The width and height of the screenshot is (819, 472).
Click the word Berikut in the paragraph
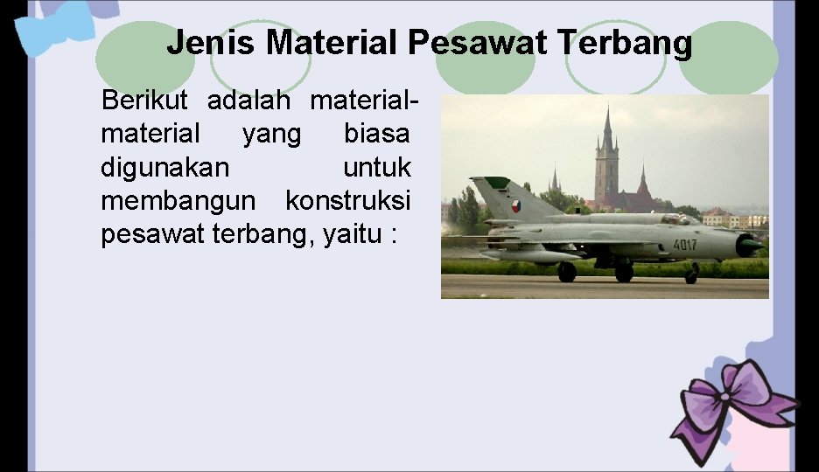click(145, 101)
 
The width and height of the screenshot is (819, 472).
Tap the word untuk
click(377, 167)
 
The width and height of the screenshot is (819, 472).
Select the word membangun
click(178, 200)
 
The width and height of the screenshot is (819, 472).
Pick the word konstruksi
click(348, 200)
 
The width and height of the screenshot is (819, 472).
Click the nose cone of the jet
click(751, 246)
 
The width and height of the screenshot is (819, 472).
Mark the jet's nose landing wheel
click(691, 277)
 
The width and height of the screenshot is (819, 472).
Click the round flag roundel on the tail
click(515, 206)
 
